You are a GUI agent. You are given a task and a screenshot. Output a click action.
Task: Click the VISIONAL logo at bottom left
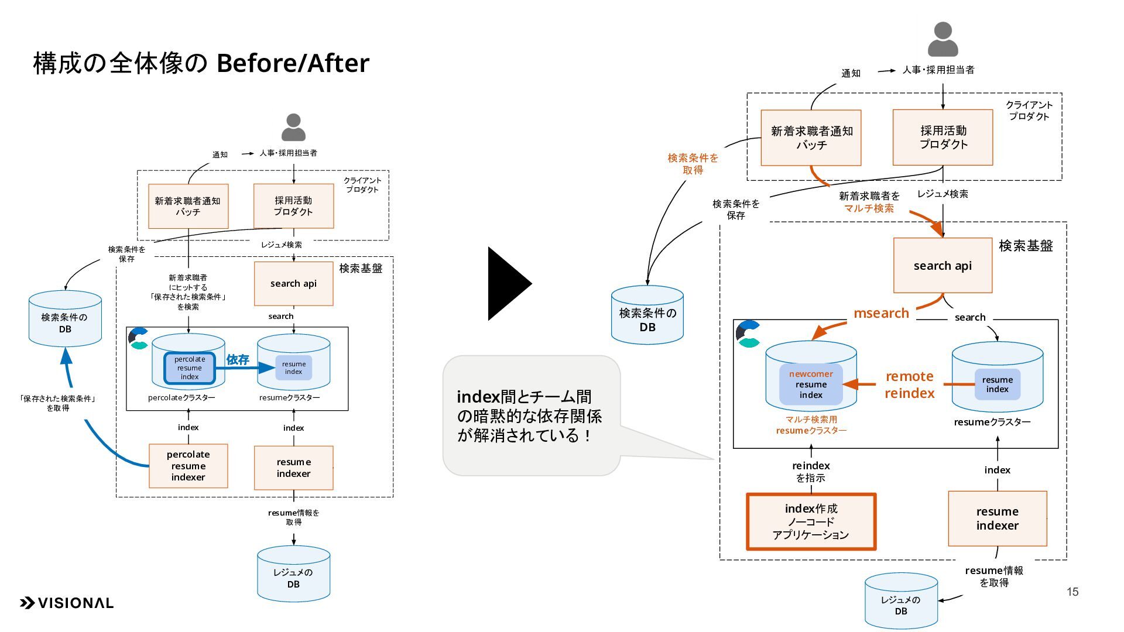pos(67,603)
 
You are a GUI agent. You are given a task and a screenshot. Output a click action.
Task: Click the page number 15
pos(1072,592)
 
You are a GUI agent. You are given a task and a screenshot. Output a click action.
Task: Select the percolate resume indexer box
pos(188,466)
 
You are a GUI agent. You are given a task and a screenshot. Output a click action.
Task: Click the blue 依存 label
pos(238,359)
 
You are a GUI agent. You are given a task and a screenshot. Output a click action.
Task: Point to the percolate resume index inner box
pos(190,368)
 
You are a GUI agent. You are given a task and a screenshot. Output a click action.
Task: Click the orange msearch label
pos(881,313)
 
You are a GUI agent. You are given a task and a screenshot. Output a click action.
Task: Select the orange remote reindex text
pos(909,384)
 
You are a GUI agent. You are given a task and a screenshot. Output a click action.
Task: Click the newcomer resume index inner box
pos(811,384)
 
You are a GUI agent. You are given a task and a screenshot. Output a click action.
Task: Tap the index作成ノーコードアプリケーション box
pos(811,521)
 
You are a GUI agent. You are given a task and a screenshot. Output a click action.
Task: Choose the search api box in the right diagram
pos(943,266)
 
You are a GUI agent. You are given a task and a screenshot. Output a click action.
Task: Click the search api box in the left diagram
pos(293,284)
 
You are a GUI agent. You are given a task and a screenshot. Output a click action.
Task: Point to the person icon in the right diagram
pos(943,39)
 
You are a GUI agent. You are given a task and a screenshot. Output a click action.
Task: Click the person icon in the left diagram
pos(293,127)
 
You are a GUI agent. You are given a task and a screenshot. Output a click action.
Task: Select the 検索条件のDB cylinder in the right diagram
pos(647,316)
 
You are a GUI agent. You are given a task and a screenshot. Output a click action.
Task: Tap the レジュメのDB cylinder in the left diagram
pos(293,575)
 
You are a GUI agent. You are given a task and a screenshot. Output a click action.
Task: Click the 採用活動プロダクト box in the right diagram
pos(943,138)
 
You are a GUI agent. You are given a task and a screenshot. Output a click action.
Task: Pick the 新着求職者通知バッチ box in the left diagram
pos(188,206)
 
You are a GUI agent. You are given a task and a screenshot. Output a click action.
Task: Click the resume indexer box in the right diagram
pos(997,518)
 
